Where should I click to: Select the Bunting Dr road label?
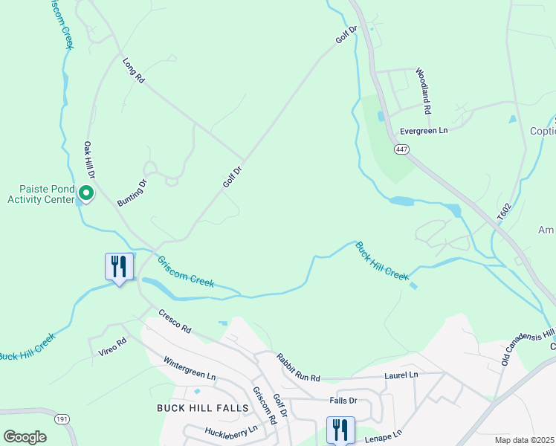132,192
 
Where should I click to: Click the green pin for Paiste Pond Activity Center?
86,194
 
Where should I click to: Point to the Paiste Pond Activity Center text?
41,194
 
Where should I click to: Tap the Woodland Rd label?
423,91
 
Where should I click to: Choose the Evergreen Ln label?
424,130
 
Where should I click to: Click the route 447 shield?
401,150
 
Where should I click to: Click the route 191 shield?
62,419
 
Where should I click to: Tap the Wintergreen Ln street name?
189,370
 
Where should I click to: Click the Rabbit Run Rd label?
297,367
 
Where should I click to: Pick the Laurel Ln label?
401,375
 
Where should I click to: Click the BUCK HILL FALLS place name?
195,408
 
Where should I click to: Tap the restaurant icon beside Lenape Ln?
340,429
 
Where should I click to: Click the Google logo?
25,437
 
